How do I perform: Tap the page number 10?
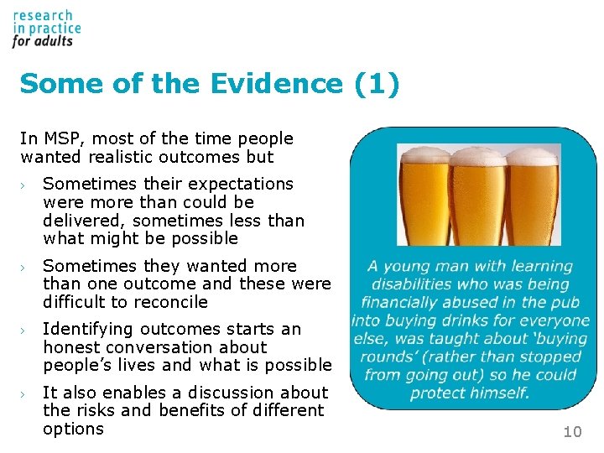(x=572, y=432)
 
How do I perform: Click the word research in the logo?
(x=43, y=16)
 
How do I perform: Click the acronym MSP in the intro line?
(x=60, y=138)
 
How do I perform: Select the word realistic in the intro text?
(x=122, y=157)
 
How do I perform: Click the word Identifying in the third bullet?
(x=88, y=329)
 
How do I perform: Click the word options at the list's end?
(x=73, y=429)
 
